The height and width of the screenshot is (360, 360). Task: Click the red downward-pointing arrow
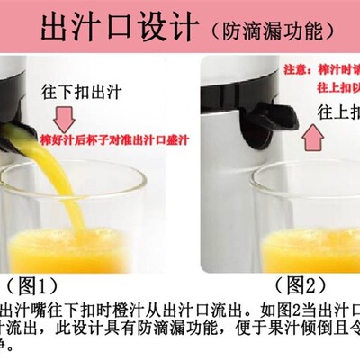(x=66, y=118)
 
